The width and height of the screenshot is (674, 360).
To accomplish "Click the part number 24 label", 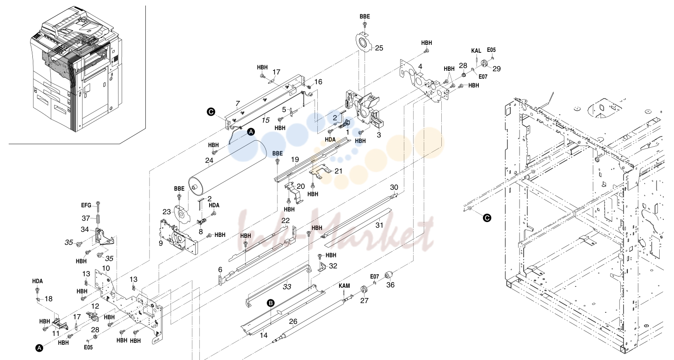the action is pyautogui.click(x=209, y=161).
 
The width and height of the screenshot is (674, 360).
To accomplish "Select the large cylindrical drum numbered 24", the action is pyautogui.click(x=228, y=168).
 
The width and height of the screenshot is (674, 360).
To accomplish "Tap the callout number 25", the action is pyautogui.click(x=379, y=48).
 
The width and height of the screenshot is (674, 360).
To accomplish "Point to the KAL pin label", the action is pyautogui.click(x=476, y=51).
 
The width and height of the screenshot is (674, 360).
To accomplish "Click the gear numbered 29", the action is pyautogui.click(x=484, y=63).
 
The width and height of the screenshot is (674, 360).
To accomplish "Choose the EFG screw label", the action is pyautogui.click(x=86, y=205).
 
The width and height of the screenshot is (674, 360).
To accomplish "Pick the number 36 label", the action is pyautogui.click(x=390, y=285).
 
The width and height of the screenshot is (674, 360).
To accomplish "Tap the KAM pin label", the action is pyautogui.click(x=344, y=286).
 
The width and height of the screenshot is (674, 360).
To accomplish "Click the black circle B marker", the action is pyautogui.click(x=271, y=303).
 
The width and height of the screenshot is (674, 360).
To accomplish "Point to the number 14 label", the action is pyautogui.click(x=264, y=335).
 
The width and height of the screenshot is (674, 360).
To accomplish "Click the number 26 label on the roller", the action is pyautogui.click(x=293, y=322).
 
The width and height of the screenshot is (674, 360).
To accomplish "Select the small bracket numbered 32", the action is pyautogui.click(x=322, y=267).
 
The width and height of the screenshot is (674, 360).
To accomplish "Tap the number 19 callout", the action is pyautogui.click(x=295, y=159).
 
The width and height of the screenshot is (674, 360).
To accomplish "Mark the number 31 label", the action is pyautogui.click(x=379, y=225).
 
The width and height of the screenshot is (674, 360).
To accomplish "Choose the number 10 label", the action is pyautogui.click(x=106, y=268).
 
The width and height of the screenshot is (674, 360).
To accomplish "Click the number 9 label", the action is pyautogui.click(x=161, y=243).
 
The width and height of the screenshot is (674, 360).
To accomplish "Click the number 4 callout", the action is pyautogui.click(x=420, y=67).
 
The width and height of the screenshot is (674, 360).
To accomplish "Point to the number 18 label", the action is pyautogui.click(x=49, y=298).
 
